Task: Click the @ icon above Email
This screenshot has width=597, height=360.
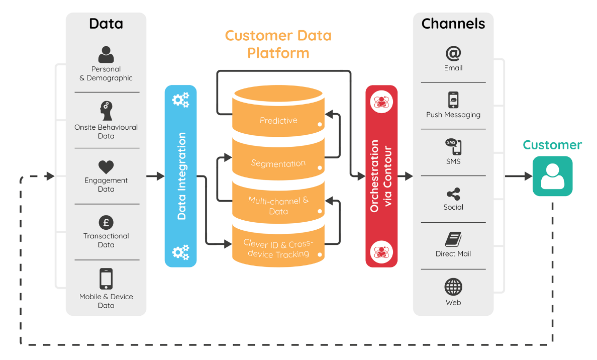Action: tap(453, 53)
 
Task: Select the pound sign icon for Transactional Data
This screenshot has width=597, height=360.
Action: tap(106, 222)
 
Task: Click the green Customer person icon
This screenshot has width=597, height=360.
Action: tap(552, 176)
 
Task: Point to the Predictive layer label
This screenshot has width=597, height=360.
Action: tap(278, 121)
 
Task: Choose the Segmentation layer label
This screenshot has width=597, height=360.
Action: tap(278, 163)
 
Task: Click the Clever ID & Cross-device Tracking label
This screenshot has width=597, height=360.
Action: tap(278, 249)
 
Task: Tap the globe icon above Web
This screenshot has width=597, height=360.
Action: tap(453, 287)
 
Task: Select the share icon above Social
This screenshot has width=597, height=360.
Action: tap(453, 194)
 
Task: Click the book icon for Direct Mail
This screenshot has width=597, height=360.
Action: tap(453, 240)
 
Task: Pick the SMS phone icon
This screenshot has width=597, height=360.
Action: tap(453, 147)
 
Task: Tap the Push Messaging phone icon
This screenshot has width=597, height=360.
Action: tap(453, 100)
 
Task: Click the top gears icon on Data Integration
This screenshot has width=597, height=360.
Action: tap(181, 100)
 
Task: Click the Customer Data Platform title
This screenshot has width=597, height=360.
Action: tap(278, 44)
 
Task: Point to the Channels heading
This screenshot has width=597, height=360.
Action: tap(453, 24)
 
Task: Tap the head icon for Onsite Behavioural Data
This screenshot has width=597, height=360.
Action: tap(106, 111)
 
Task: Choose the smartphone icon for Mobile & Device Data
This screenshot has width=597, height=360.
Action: tap(106, 279)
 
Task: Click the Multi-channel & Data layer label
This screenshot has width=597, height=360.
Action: tap(278, 206)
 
